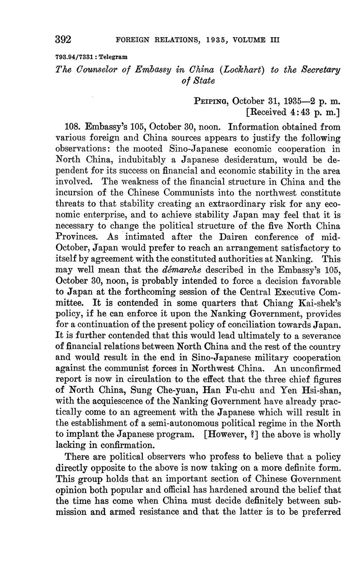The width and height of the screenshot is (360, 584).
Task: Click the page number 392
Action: (x=63, y=39)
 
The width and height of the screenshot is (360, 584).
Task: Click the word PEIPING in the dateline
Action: (x=211, y=101)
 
